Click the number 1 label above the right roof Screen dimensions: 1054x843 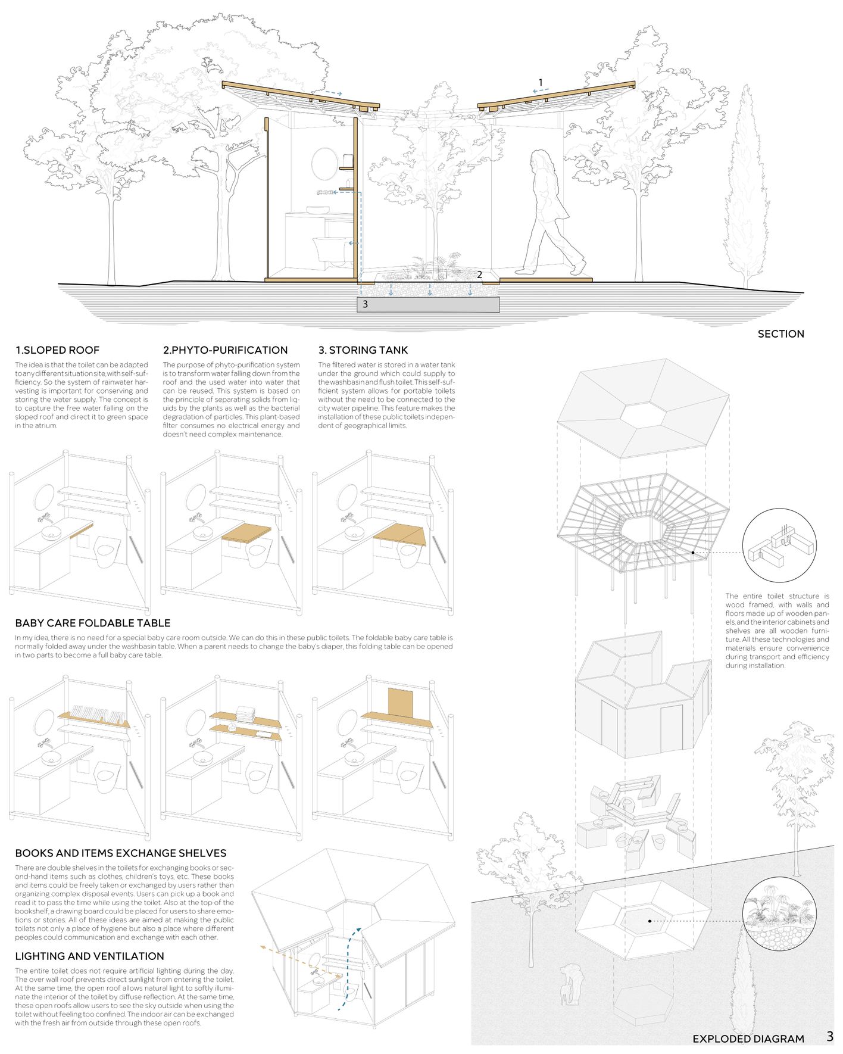541,82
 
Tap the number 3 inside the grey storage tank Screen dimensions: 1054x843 365,304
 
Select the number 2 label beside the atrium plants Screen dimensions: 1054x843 479,275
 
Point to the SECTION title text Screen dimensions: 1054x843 780,334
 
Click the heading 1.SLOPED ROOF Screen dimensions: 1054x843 57,350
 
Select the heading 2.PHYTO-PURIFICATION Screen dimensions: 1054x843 225,350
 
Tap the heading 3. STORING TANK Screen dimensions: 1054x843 363,350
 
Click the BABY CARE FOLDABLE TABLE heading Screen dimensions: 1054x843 93,623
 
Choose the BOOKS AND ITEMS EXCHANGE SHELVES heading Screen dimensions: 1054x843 120,853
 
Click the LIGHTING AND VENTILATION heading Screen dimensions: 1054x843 89,956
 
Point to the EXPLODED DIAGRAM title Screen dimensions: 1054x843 748,1039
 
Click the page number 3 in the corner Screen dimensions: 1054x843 830,1037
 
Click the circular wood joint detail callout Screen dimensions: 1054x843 779,545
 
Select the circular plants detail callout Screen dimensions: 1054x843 779,913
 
